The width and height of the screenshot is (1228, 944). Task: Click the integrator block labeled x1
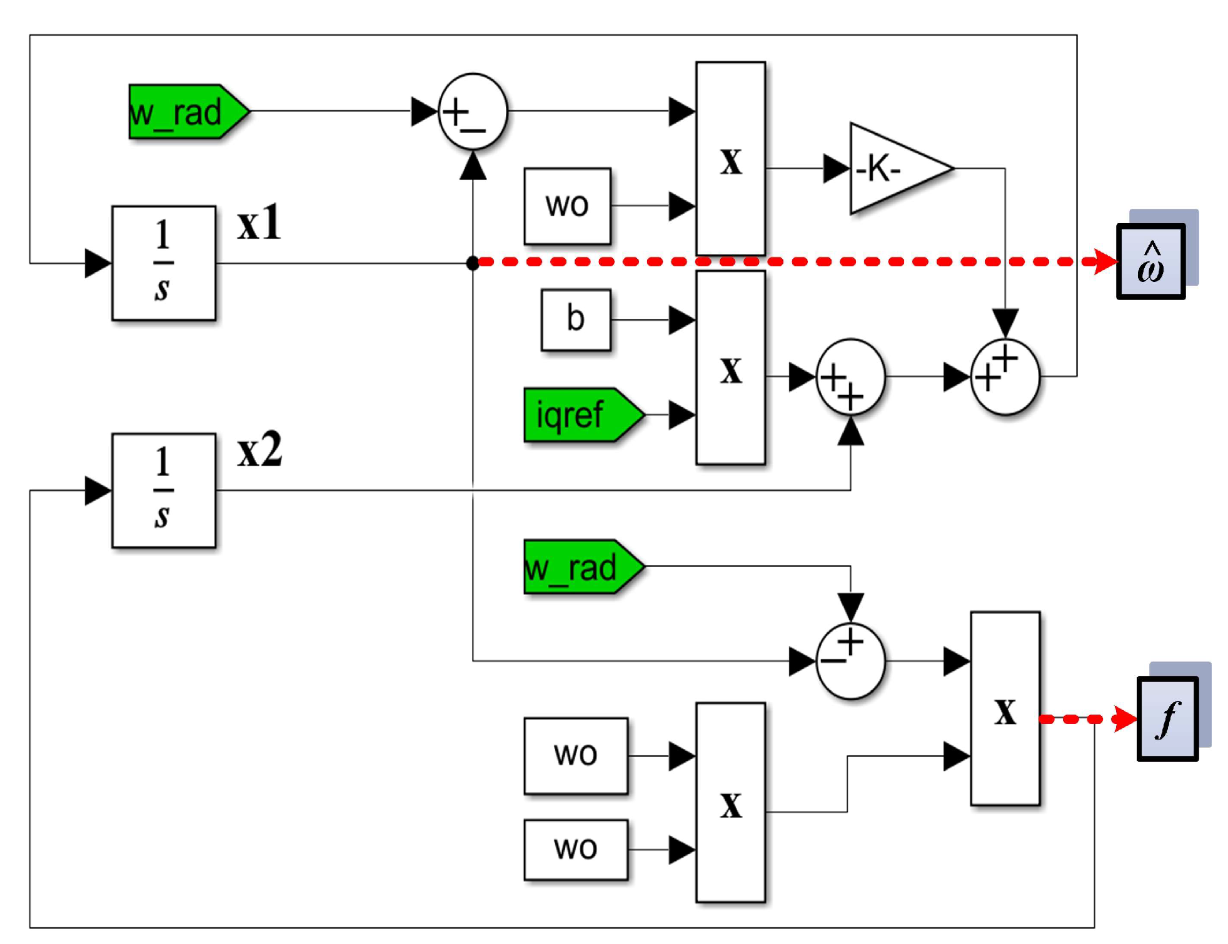[x=164, y=263]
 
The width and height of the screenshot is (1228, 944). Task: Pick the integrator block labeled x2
[x=164, y=491]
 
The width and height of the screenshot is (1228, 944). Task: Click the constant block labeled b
[x=575, y=319]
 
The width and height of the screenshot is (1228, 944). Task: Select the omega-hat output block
[x=1151, y=261]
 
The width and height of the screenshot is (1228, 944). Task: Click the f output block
[x=1167, y=719]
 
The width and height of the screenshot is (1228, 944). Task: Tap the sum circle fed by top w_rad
[x=473, y=112]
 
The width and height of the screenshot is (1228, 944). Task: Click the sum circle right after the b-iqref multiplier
[x=850, y=377]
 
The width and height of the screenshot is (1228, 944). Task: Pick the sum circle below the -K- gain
[x=1005, y=377]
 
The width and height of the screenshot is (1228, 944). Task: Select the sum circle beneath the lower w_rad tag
[x=850, y=660]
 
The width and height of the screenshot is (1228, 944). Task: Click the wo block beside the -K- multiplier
[x=567, y=206]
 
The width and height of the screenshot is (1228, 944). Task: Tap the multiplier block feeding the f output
[x=1005, y=708]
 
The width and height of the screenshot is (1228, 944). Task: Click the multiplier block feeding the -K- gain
[x=730, y=158]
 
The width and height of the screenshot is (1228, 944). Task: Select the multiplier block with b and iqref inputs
[x=730, y=368]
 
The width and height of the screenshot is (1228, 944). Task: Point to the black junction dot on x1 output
[x=473, y=263]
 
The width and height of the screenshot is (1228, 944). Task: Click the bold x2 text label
[x=259, y=450]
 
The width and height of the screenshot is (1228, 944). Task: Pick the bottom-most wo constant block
[x=575, y=850]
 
